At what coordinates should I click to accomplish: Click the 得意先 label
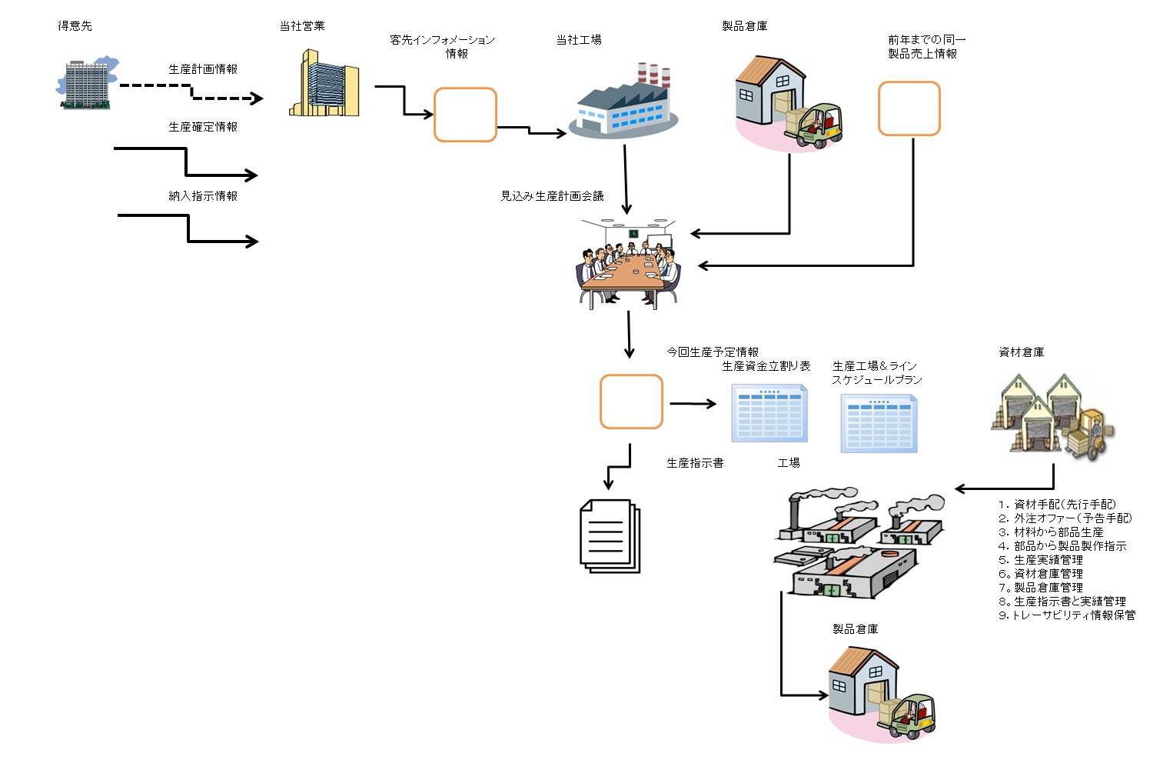click(x=75, y=26)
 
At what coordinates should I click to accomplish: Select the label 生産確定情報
click(x=203, y=127)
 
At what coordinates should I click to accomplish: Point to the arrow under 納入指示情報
click(x=188, y=229)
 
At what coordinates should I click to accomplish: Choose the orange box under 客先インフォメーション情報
click(x=465, y=115)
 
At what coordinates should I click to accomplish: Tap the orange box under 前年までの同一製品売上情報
click(x=909, y=108)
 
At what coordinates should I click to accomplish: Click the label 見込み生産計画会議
click(x=552, y=196)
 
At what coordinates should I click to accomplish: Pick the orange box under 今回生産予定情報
click(x=631, y=402)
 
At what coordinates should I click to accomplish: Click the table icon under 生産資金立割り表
click(x=769, y=414)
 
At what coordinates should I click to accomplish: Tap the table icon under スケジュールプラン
click(x=879, y=423)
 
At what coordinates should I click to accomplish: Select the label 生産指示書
click(x=695, y=463)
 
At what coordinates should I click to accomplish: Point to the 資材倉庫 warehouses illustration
click(x=1053, y=415)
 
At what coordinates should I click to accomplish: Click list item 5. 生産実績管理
click(x=1041, y=560)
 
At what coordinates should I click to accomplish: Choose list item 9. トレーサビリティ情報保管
click(x=1067, y=615)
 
